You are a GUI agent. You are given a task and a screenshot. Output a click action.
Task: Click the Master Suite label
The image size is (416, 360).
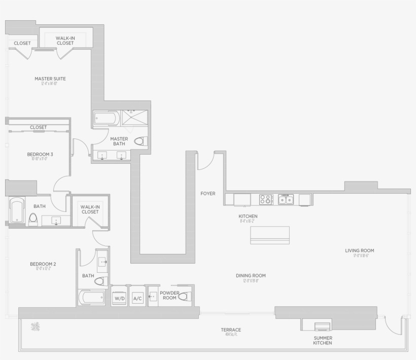point(50,79)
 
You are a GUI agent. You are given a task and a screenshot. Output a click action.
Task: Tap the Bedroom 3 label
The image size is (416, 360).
point(40,154)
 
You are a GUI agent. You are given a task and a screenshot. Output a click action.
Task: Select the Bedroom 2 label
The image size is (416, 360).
point(43,264)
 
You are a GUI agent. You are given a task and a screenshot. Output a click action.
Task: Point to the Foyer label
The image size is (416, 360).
point(207,193)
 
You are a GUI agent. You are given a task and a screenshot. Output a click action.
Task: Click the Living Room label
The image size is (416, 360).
point(359,250)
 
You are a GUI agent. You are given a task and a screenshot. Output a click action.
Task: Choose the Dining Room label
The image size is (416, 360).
point(251,276)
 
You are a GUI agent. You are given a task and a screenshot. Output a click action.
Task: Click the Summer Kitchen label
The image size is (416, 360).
point(323,340)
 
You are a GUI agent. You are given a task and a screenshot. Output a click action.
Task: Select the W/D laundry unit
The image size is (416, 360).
point(120,298)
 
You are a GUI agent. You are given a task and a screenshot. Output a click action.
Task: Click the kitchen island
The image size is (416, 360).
point(270,235)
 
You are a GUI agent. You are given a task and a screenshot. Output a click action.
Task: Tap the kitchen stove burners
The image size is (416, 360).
point(266,199)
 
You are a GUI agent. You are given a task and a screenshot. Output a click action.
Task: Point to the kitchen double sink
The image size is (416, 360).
point(286,199)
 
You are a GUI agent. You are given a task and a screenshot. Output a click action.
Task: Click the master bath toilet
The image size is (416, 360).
point(141,141)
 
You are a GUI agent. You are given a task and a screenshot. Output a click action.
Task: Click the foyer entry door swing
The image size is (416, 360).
point(206,161)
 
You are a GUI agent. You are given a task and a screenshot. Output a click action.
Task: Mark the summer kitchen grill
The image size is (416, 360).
point(322,326)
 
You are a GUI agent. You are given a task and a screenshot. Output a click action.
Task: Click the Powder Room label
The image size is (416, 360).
point(169,295)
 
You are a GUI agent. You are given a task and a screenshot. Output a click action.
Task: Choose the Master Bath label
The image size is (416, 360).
point(119,141)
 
